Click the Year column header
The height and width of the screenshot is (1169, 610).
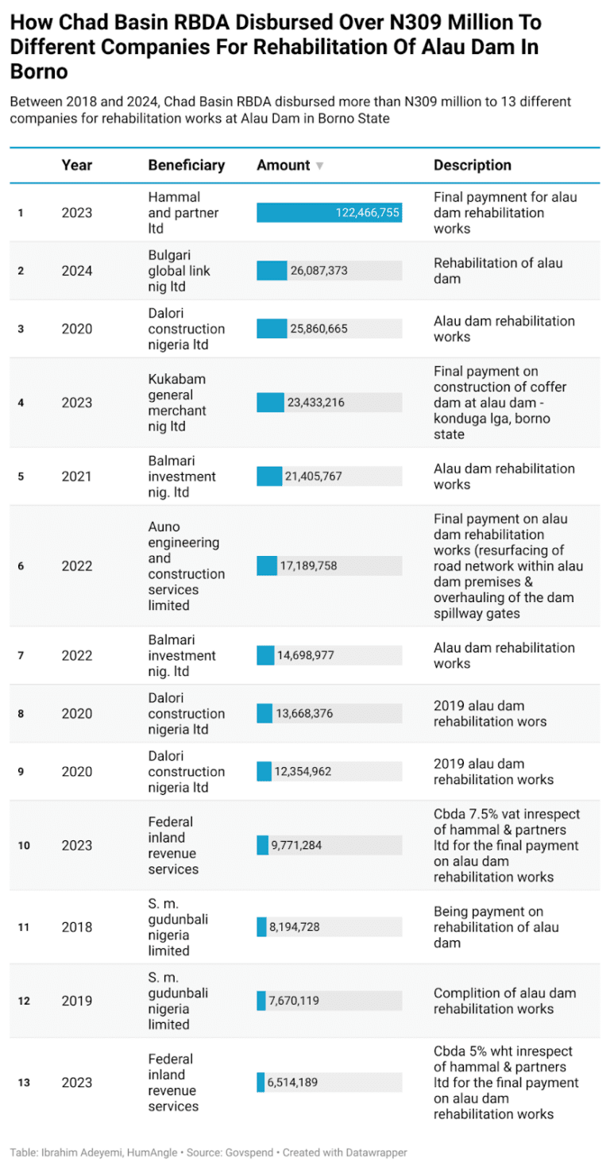pyautogui.click(x=77, y=165)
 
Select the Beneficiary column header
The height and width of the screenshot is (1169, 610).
pyautogui.click(x=186, y=165)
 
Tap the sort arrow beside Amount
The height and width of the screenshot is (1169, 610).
pyautogui.click(x=319, y=166)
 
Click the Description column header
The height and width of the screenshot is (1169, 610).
pyautogui.click(x=472, y=165)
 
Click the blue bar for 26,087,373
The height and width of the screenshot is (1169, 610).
pyautogui.click(x=271, y=271)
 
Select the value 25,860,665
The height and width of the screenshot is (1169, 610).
pyautogui.click(x=319, y=329)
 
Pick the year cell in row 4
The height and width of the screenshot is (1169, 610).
pyautogui.click(x=77, y=403)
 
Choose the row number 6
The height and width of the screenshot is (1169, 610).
pyautogui.click(x=21, y=566)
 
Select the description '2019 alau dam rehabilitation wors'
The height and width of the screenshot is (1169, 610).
pyautogui.click(x=479, y=713)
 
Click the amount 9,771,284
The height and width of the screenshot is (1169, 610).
pyautogui.click(x=296, y=846)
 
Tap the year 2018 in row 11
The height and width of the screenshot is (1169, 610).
pyautogui.click(x=77, y=928)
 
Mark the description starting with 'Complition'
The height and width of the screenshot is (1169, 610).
pyautogui.click(x=504, y=1001)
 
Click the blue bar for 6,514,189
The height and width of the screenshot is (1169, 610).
pyautogui.click(x=261, y=1082)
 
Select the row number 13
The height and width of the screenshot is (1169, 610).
pyautogui.click(x=24, y=1082)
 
